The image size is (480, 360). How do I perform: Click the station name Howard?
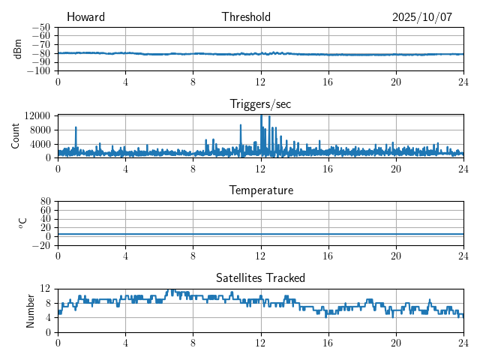85,17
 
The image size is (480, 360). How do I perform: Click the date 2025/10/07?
422,17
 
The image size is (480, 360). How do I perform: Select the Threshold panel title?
246,17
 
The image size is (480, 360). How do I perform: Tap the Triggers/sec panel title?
260,104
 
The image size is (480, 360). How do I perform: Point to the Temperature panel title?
260,190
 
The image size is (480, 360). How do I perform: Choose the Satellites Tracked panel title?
260,277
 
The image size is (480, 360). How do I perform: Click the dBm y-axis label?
18,49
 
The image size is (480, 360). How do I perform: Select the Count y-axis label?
16,136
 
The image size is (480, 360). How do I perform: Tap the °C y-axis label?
22,223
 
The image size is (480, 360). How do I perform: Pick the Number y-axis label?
31,310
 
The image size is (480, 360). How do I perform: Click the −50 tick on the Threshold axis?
40,27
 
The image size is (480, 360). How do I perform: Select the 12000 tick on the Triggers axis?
36,115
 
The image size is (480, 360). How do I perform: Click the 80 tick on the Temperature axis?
45,202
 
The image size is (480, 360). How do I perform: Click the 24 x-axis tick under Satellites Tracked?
463,342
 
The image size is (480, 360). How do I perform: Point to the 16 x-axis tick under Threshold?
328,81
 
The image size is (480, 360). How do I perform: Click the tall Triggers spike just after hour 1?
76,129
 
